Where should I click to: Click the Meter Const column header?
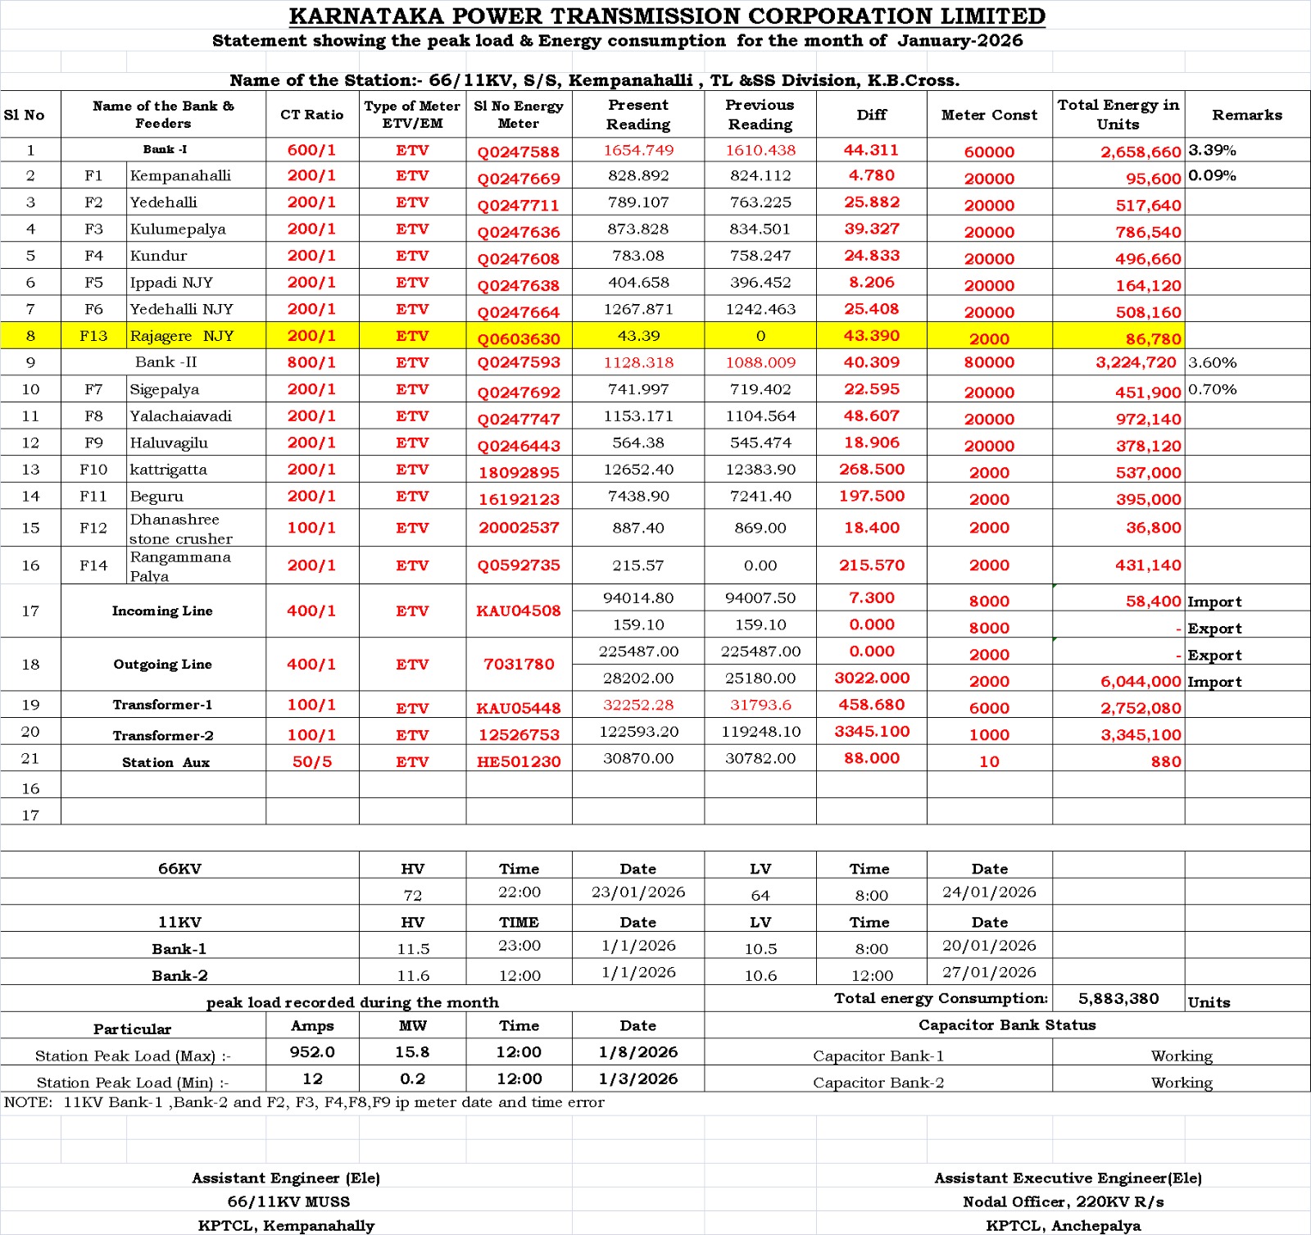click(989, 115)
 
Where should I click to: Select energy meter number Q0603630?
click(519, 338)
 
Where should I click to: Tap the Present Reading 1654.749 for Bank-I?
click(638, 150)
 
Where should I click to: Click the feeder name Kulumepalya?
click(178, 229)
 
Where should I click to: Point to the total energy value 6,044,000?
click(1140, 682)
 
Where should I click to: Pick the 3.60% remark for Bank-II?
click(1213, 362)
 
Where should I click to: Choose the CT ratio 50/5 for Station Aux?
click(312, 761)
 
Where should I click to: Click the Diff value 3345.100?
click(872, 731)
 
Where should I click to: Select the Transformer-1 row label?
click(162, 705)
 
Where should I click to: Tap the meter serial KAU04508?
click(519, 611)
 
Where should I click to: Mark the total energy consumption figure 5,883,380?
click(1118, 998)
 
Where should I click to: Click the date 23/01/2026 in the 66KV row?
click(638, 892)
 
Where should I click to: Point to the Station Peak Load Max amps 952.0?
click(312, 1051)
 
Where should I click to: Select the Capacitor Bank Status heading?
click(1007, 1024)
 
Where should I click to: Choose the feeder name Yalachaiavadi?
click(180, 416)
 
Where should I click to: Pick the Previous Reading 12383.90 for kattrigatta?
click(760, 470)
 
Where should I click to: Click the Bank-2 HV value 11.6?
click(413, 975)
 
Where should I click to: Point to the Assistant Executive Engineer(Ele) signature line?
click(1068, 1178)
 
